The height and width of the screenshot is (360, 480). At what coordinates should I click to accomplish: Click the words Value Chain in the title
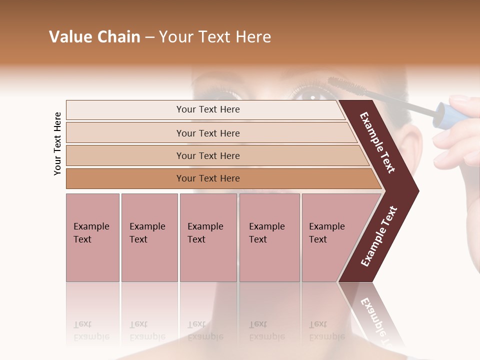coord(94,37)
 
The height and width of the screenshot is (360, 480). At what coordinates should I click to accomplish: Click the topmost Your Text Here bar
coord(207,109)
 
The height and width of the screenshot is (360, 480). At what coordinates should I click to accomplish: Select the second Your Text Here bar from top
coord(208,133)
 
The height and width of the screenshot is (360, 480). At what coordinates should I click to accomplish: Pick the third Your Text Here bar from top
coord(208,155)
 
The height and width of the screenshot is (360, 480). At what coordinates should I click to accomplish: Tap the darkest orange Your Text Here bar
coord(208,178)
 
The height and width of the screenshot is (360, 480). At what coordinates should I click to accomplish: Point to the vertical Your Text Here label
coord(57,143)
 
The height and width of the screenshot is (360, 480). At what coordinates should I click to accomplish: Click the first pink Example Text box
coord(92,237)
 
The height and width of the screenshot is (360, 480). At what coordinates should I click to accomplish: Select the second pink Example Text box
coord(149,237)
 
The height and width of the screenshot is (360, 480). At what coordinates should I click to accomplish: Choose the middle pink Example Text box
coord(208,237)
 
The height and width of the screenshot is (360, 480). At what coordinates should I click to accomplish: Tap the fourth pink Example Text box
coord(269,237)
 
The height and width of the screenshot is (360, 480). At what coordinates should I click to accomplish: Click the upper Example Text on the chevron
coord(377,142)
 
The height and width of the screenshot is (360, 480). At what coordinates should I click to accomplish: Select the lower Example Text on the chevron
coord(379,236)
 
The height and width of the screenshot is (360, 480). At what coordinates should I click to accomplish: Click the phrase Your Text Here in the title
coord(215,37)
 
